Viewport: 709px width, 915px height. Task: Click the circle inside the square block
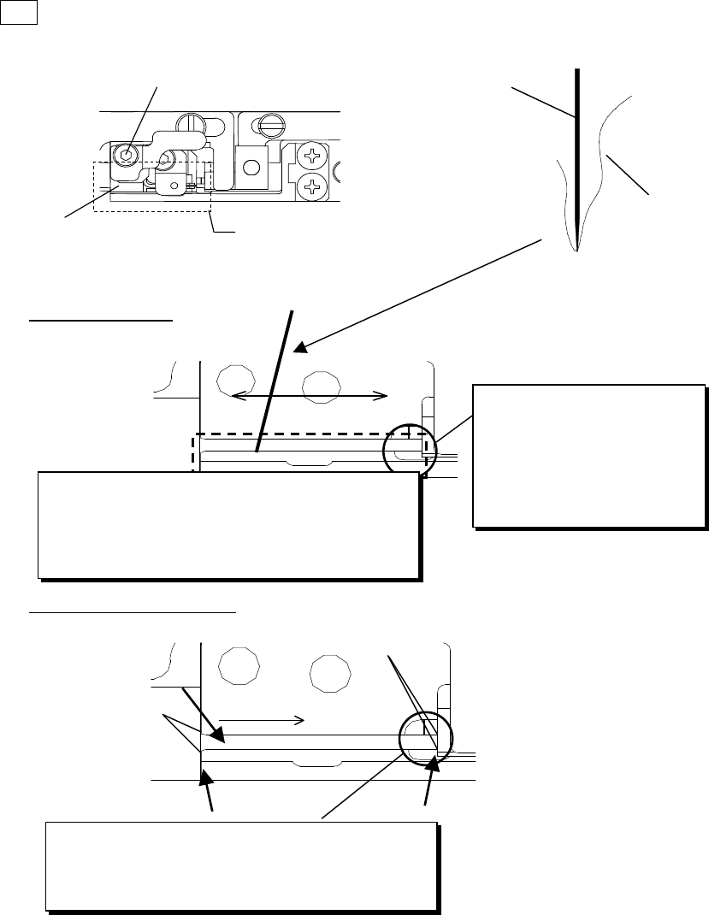(251, 167)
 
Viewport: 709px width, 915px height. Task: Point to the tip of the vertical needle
(577, 250)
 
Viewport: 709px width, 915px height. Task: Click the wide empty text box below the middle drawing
(229, 525)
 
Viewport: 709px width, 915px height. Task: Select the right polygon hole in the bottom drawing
(329, 673)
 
